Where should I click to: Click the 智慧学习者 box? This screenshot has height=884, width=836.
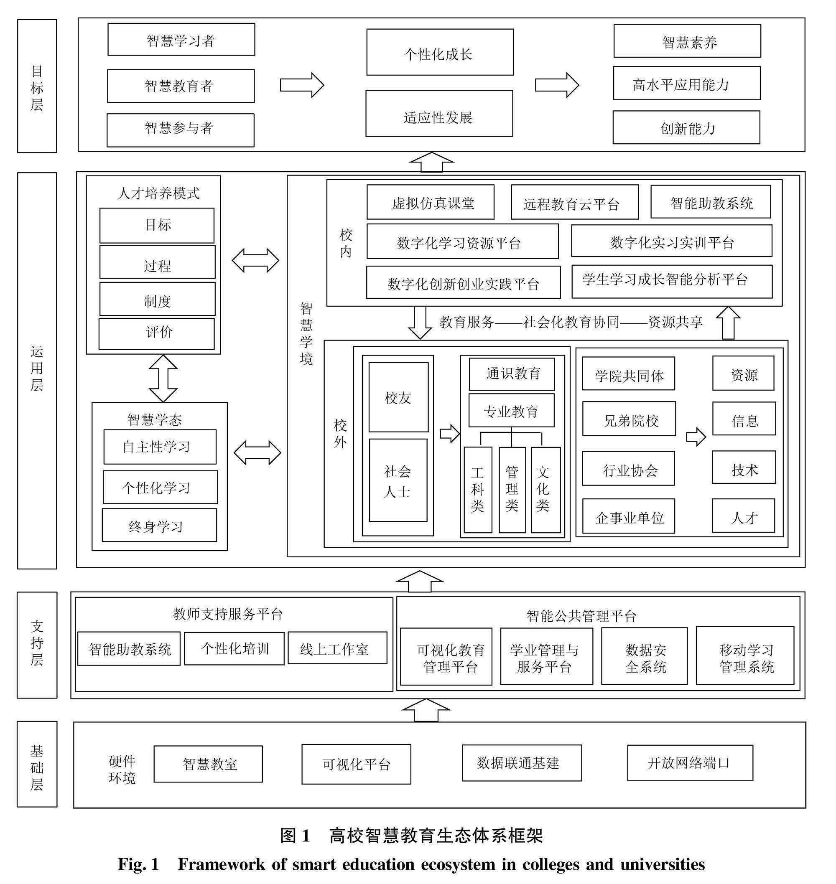pos(181,40)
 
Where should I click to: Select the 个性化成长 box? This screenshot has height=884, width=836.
pos(440,52)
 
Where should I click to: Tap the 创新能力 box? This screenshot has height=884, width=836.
pos(686,127)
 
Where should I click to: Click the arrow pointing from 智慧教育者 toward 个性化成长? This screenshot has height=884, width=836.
pos(302,85)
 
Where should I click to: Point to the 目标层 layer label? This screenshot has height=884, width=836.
pos(37,86)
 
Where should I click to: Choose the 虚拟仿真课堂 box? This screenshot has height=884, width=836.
pos(431,202)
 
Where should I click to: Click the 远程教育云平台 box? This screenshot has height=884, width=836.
pos(574,202)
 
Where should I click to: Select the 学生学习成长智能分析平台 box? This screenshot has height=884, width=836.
pos(672,282)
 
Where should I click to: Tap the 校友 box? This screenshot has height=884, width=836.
pos(398,397)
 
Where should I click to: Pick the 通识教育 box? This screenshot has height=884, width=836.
pos(512,374)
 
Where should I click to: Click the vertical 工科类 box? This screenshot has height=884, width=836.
pos(478,490)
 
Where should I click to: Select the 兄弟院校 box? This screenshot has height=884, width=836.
pos(629,419)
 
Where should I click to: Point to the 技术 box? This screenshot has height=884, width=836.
pos(744,467)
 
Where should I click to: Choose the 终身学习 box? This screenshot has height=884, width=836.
pos(160,526)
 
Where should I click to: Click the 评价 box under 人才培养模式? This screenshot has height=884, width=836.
pos(156,333)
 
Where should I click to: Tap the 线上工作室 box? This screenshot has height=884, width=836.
pos(337,648)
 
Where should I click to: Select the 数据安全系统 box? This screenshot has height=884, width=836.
pos(645,656)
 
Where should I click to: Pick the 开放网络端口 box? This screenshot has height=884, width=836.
pos(690,763)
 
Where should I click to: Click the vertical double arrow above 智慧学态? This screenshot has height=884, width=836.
pos(163,378)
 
